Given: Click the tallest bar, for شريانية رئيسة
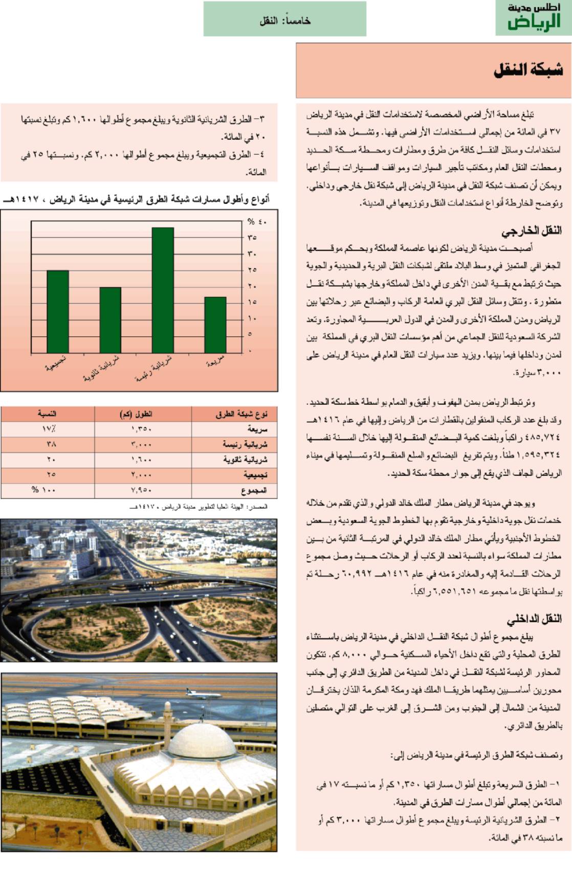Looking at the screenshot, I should coord(163,290).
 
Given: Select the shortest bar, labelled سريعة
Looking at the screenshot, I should coord(215,325).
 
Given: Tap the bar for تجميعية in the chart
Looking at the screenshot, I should coord(58,311).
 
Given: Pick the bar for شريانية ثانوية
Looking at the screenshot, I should coord(110,320).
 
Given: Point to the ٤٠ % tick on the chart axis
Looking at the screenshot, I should coord(257,222).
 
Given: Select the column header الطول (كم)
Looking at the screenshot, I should coord(136,414).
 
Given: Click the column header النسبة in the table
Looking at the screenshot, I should coord(47,414).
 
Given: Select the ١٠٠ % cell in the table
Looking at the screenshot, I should coord(44,490).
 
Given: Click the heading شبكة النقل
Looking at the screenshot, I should coord(528,70).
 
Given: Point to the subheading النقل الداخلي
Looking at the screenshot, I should coord(534,619).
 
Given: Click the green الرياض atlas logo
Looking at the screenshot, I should coord(534,18).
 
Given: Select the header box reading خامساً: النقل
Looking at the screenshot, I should coord(284,19).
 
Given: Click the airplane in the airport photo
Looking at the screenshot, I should coord(203,694).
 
